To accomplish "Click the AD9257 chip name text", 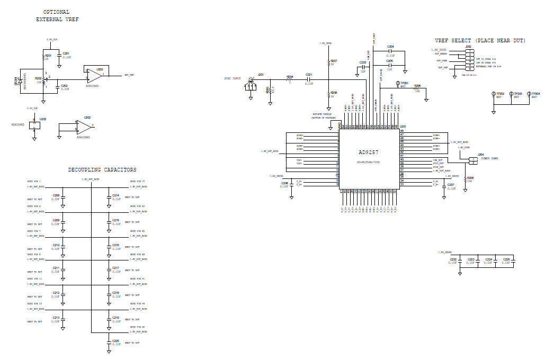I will pyautogui.click(x=369, y=151).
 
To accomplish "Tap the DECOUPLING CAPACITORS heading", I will pyautogui.click(x=102, y=170).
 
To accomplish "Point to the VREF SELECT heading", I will pyautogui.click(x=480, y=41).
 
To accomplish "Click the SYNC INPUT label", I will pyautogui.click(x=233, y=78).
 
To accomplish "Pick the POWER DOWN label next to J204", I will pyautogui.click(x=487, y=158).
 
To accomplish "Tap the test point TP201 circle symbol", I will pyautogui.click(x=397, y=84).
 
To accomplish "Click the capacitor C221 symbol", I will pyautogui.click(x=309, y=80).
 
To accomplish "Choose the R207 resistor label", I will pyautogui.click(x=334, y=61).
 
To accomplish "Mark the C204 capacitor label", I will pyautogui.click(x=390, y=47).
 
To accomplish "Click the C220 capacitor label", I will pyautogui.click(x=115, y=340).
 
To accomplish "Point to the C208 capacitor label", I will pyautogui.click(x=56, y=195).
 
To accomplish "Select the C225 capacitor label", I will pyautogui.click(x=506, y=259).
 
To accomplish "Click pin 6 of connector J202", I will pyautogui.click(x=470, y=68).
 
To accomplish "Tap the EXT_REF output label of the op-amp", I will pyautogui.click(x=129, y=75).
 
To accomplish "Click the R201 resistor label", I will pyautogui.click(x=48, y=55).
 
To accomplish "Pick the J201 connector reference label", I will pyautogui.click(x=260, y=75).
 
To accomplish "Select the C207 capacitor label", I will pyautogui.click(x=451, y=185).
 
